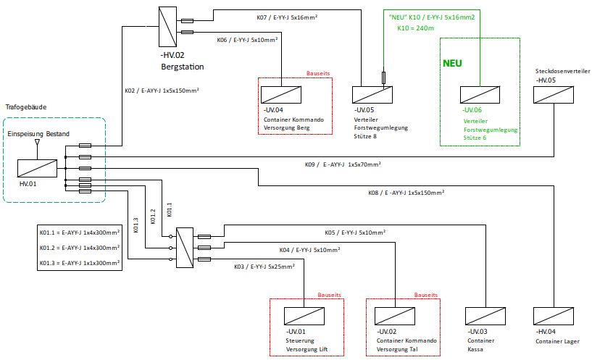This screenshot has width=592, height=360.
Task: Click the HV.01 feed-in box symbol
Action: (x=37, y=167)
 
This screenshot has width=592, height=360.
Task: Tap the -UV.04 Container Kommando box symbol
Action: (x=278, y=95)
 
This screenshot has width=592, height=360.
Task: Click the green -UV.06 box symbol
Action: (x=478, y=95)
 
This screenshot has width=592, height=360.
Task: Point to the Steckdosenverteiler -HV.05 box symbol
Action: (x=553, y=95)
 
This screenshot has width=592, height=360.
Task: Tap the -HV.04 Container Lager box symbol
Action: (x=553, y=317)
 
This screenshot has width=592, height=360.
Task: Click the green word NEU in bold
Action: (x=452, y=63)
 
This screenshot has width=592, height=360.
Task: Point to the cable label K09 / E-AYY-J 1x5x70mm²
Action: (x=343, y=165)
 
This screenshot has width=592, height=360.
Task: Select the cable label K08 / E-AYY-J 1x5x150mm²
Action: (x=406, y=193)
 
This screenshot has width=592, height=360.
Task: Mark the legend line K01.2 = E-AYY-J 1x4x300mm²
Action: (x=80, y=248)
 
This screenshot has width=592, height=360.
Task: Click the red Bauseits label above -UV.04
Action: (x=319, y=73)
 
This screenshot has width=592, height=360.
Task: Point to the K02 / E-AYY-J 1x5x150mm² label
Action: (x=162, y=91)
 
